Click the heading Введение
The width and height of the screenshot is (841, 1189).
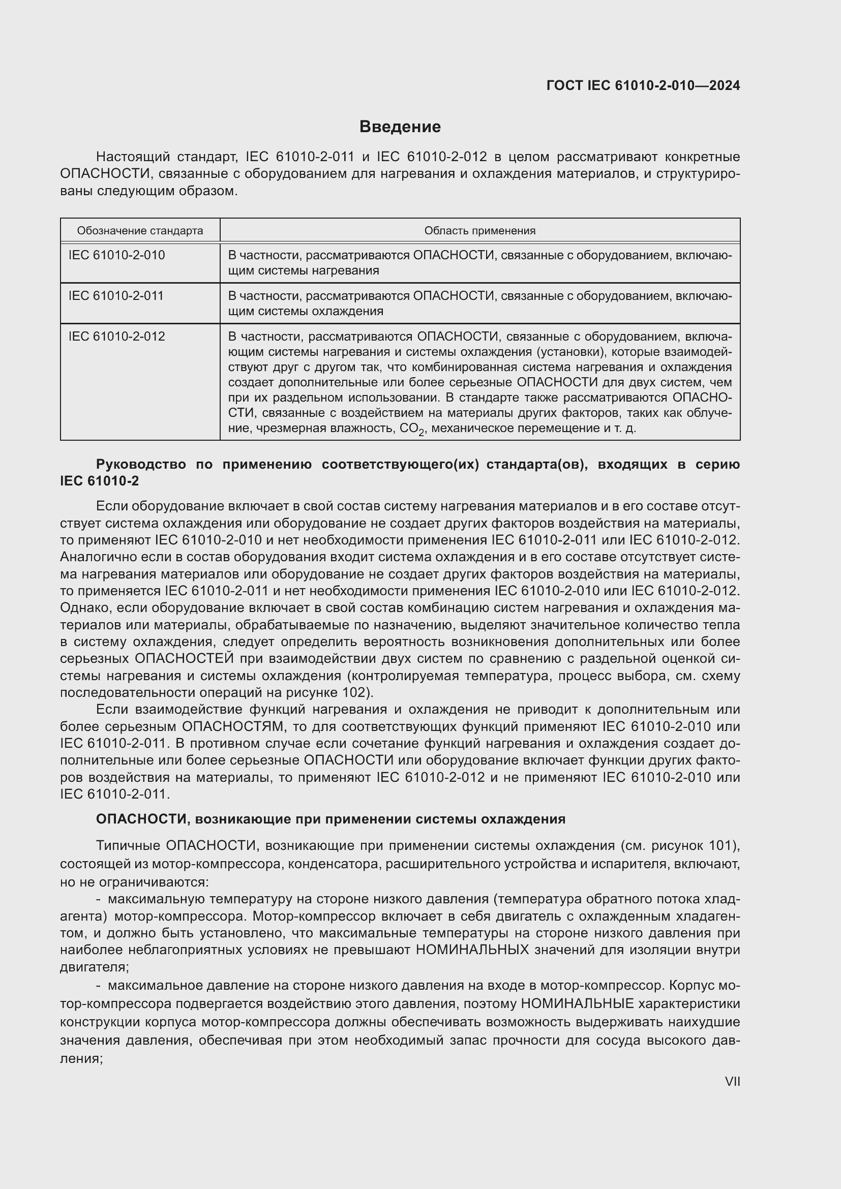400,127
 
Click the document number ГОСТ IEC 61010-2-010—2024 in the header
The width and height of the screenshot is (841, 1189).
643,85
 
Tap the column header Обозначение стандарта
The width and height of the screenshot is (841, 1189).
140,230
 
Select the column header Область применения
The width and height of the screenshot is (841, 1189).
479,230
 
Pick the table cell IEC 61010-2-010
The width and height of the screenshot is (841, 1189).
116,255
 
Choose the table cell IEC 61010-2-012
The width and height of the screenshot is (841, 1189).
116,337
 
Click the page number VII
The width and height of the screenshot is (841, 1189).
732,1081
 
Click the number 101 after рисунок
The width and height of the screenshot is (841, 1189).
720,846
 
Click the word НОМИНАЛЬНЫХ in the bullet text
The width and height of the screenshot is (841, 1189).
472,950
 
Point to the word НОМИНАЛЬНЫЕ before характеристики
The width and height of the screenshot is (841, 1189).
577,1003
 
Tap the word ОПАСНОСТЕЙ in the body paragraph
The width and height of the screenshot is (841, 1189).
185,659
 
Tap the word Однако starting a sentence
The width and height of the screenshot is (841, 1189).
84,607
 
